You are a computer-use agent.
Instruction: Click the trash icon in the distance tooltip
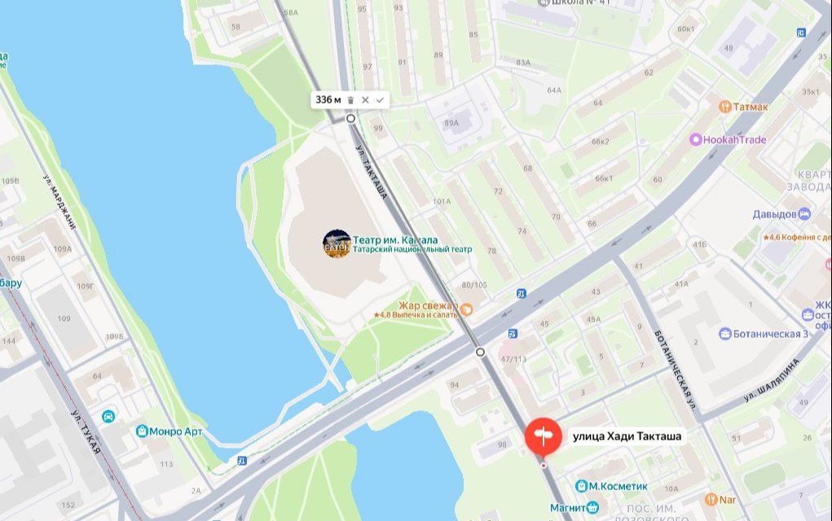tap(350, 100)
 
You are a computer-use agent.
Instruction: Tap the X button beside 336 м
tap(365, 100)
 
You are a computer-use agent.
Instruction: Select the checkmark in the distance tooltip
tap(380, 100)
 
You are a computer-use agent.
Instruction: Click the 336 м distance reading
tap(328, 100)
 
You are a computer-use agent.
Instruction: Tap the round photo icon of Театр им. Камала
tap(337, 244)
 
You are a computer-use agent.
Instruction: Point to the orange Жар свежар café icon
tap(467, 309)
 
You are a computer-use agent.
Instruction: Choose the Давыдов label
tap(774, 214)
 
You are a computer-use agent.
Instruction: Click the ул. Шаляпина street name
tap(772, 382)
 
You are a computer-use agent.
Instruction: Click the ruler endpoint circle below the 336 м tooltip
tap(350, 119)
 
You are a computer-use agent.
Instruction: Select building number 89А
tap(451, 123)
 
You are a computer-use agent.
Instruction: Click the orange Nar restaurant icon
tap(711, 498)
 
